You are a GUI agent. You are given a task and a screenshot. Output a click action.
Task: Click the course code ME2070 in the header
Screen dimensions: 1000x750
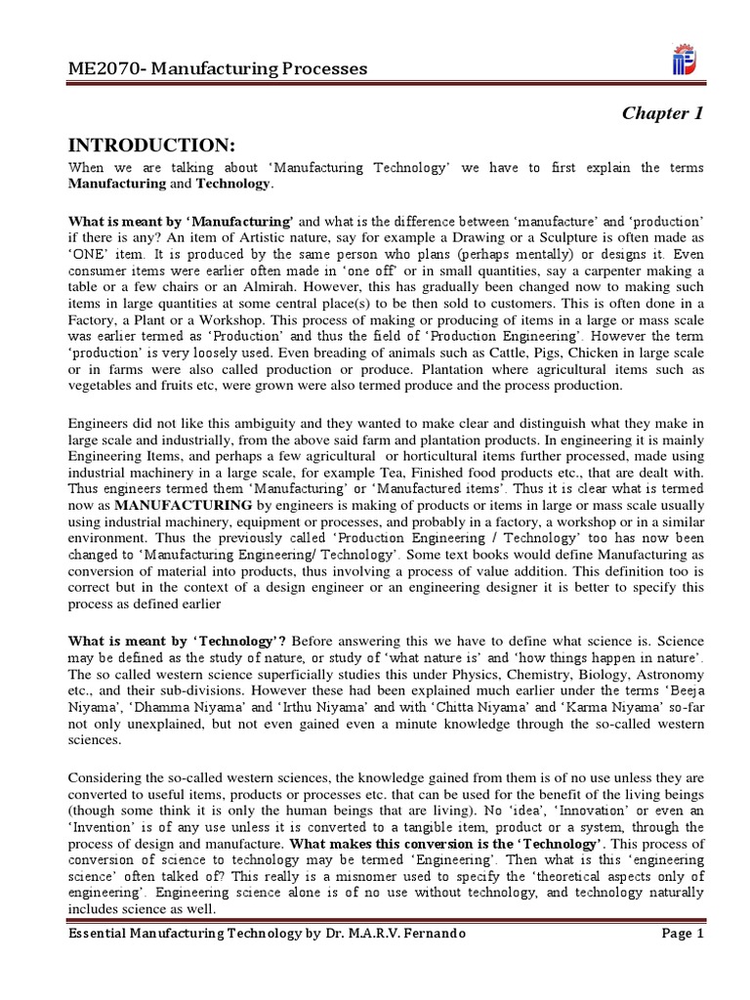(x=101, y=68)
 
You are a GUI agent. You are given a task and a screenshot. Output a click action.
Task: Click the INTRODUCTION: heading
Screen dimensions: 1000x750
(x=151, y=146)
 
